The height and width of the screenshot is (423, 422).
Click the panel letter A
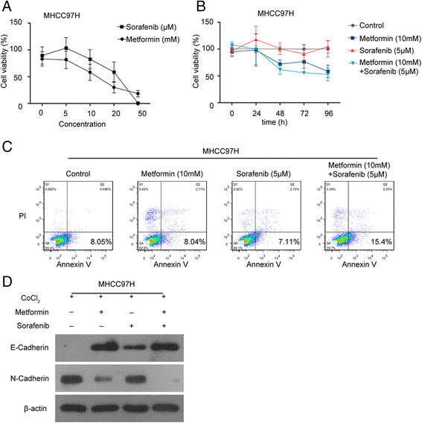[8, 7]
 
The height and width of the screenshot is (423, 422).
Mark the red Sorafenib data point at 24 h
[256, 40]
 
